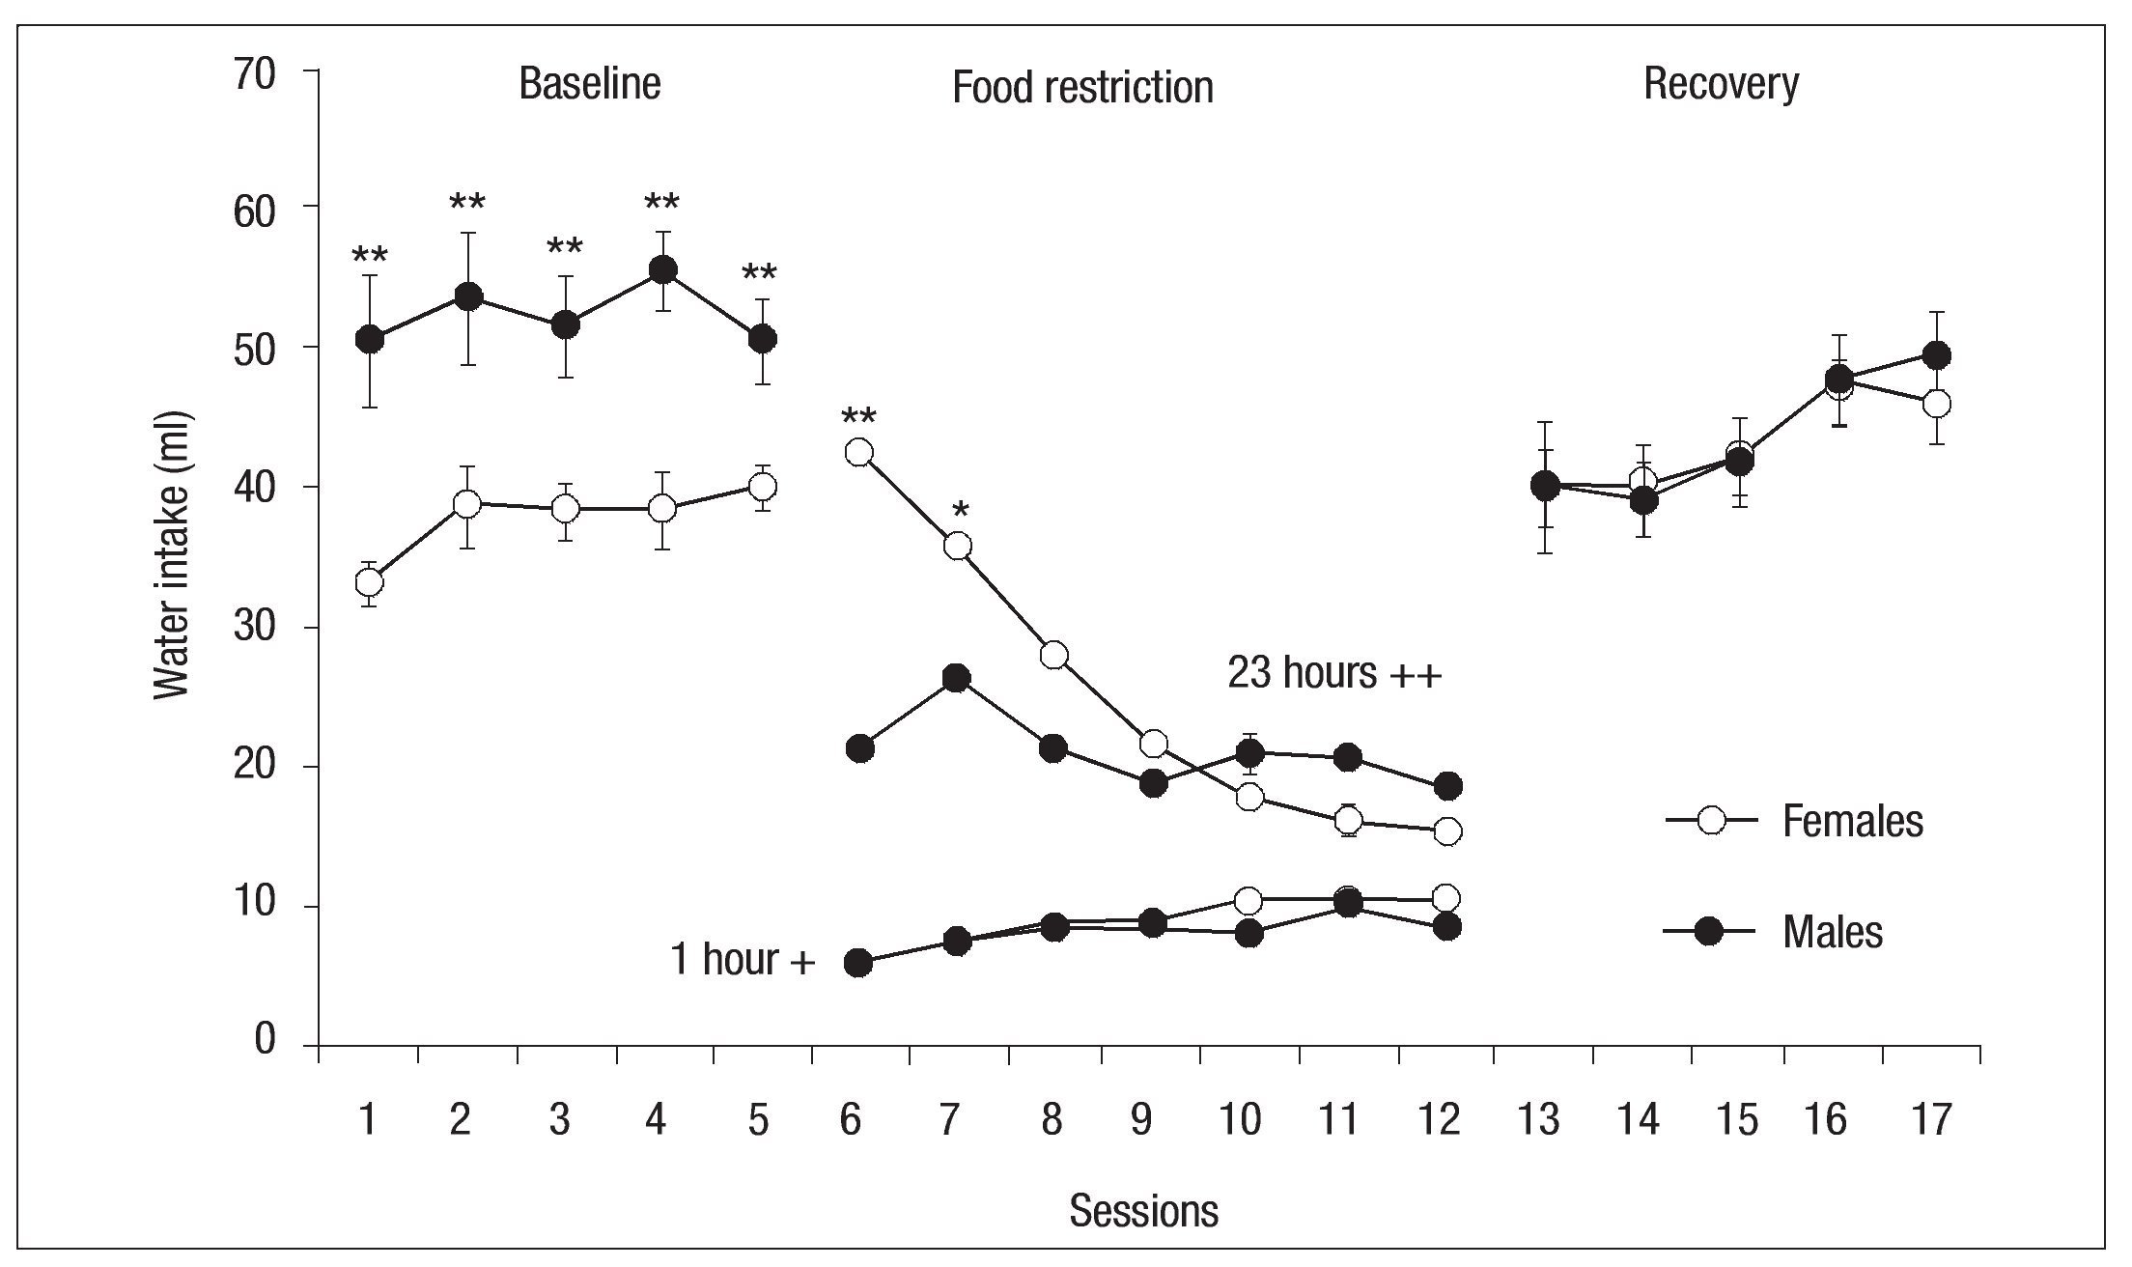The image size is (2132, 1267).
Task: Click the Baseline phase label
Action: tap(589, 84)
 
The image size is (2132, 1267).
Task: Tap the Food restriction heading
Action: tap(1082, 88)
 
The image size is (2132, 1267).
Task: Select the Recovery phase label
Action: tap(1721, 84)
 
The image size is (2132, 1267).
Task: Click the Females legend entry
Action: tap(1851, 822)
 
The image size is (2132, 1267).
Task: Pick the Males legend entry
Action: tap(1832, 932)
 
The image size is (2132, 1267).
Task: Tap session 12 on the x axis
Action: tap(1441, 1121)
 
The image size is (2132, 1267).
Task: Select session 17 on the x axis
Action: tap(1930, 1121)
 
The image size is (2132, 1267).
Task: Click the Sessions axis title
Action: tap(1143, 1211)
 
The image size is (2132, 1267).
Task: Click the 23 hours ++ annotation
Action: tap(1334, 674)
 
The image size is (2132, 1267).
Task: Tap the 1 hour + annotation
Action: tap(743, 960)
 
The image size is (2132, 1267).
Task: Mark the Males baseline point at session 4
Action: tap(662, 270)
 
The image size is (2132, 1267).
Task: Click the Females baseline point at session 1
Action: tap(369, 582)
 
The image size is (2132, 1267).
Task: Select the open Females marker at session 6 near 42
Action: tap(858, 452)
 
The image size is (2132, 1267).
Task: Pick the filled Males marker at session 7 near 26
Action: tap(956, 678)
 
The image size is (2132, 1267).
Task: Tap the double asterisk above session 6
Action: tap(858, 418)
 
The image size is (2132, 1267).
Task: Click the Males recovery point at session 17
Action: tap(1936, 355)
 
